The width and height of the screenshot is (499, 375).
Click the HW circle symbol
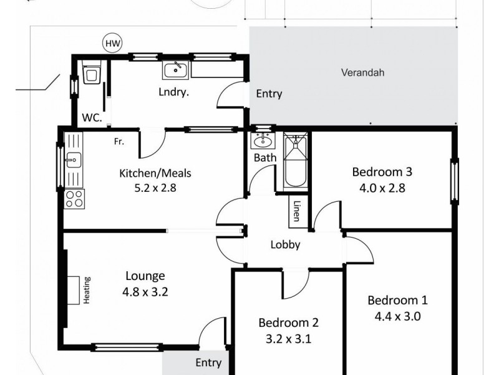point(112,43)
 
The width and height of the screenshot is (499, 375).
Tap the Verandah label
point(362,72)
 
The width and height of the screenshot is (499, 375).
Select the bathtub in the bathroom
point(295,162)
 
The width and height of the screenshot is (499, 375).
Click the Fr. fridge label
point(119,142)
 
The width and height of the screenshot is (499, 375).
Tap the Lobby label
point(286,245)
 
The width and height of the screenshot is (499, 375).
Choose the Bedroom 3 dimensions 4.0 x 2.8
point(382,186)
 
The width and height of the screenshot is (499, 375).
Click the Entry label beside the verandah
point(269,94)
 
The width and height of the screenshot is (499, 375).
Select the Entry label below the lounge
point(208,362)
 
